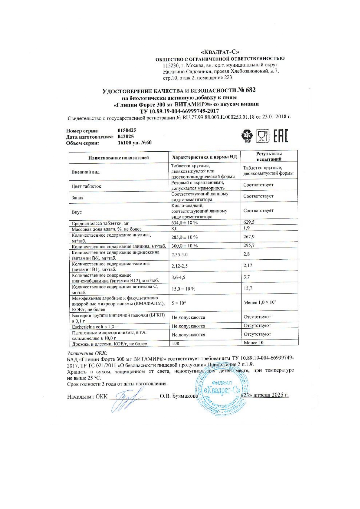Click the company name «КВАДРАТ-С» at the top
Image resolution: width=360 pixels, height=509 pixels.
tap(220, 52)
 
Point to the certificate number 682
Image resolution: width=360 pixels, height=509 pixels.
tap(251, 90)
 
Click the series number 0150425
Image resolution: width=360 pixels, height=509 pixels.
tap(127, 131)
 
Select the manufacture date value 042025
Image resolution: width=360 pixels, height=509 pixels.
tap(126, 137)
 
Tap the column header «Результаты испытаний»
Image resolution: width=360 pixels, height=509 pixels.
tap(269, 156)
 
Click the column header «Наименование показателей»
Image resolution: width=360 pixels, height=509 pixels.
tap(119, 158)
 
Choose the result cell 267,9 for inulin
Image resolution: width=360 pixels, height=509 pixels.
tap(249, 237)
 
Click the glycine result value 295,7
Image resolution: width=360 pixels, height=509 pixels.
tap(249, 245)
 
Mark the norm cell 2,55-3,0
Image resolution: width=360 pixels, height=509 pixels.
tap(180, 254)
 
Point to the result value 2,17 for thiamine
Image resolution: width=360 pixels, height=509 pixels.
tap(248, 265)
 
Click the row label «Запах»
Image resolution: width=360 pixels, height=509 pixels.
tap(77, 198)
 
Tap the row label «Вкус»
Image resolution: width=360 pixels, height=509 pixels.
tap(77, 212)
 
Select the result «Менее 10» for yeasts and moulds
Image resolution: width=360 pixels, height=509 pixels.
tap(254, 343)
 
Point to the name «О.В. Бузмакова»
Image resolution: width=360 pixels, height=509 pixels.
tap(179, 396)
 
